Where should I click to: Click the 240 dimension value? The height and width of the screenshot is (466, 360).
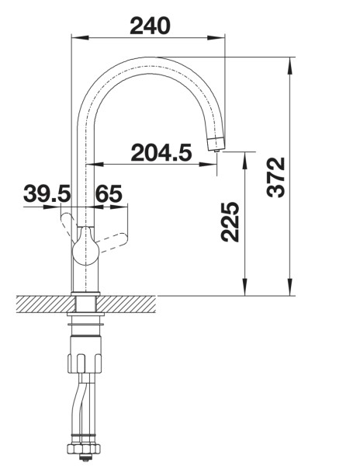[x=151, y=26]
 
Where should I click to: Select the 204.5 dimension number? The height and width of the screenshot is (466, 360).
[x=161, y=153]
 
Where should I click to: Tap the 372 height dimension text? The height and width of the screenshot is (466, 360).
[x=275, y=177]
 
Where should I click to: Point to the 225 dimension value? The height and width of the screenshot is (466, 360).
[x=230, y=221]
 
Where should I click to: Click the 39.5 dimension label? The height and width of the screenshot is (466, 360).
[x=47, y=193]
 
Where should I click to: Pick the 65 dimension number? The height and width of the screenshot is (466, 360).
[x=109, y=193]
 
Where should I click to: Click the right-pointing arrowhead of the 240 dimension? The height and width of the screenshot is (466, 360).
[x=216, y=38]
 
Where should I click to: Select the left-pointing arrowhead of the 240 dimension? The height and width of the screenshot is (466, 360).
[x=81, y=38]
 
